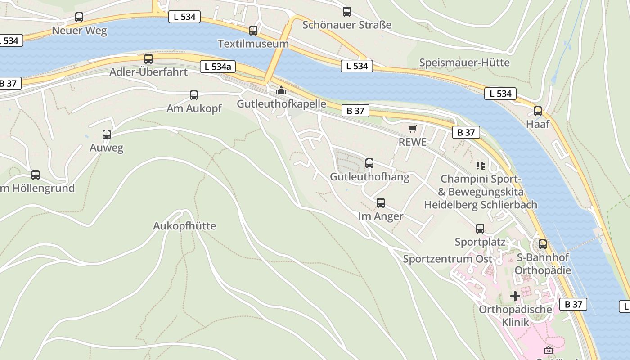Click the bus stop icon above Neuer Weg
point(79,17)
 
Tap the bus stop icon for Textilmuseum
point(253,30)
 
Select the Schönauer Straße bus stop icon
point(346,12)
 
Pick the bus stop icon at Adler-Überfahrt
point(148,58)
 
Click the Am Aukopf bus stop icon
point(194,95)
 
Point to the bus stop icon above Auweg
point(107,134)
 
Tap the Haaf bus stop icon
point(537,111)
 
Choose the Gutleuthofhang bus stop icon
point(369,163)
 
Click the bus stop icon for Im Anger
point(381,202)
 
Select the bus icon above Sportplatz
point(480,228)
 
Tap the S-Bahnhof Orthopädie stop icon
point(543,244)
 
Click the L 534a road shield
point(218,67)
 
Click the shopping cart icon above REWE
point(413,129)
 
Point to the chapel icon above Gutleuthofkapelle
point(281,90)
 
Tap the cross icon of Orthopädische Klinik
point(515,296)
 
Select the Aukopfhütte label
point(184,225)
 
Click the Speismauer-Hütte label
point(464,62)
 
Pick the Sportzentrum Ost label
point(447,259)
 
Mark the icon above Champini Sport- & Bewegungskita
point(481,165)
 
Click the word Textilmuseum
point(253,44)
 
